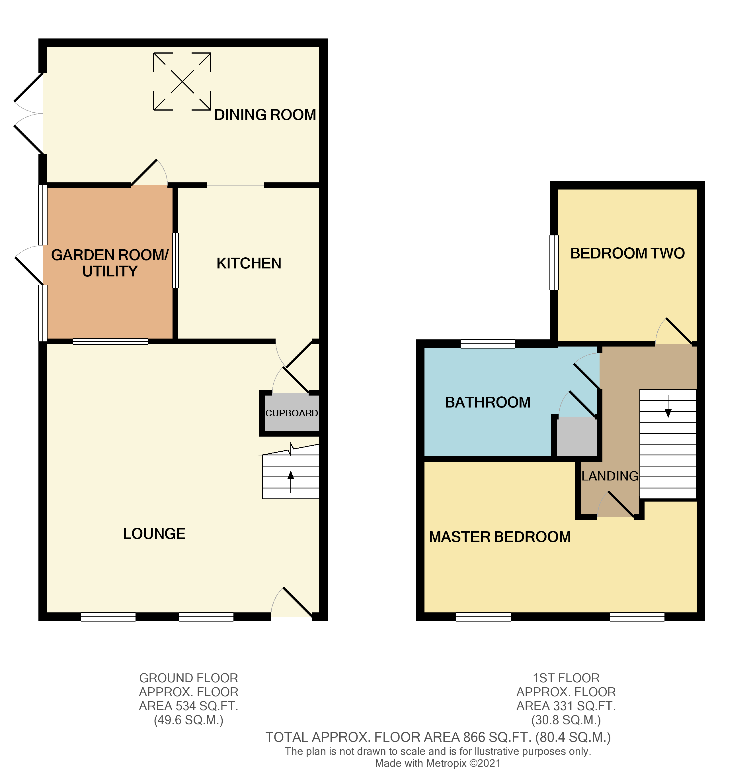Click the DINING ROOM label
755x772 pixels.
265,115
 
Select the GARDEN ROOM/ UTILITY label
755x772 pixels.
110,263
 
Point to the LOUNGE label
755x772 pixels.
154,533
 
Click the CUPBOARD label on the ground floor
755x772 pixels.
292,413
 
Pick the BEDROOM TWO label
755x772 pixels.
627,253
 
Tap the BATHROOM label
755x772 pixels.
488,402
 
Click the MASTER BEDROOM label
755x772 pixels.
500,537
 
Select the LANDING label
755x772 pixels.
610,476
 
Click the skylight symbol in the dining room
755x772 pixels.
182,82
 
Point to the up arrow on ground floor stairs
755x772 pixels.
291,480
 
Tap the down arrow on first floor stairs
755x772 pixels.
668,407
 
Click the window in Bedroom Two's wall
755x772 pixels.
554,262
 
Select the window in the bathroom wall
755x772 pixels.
488,344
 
